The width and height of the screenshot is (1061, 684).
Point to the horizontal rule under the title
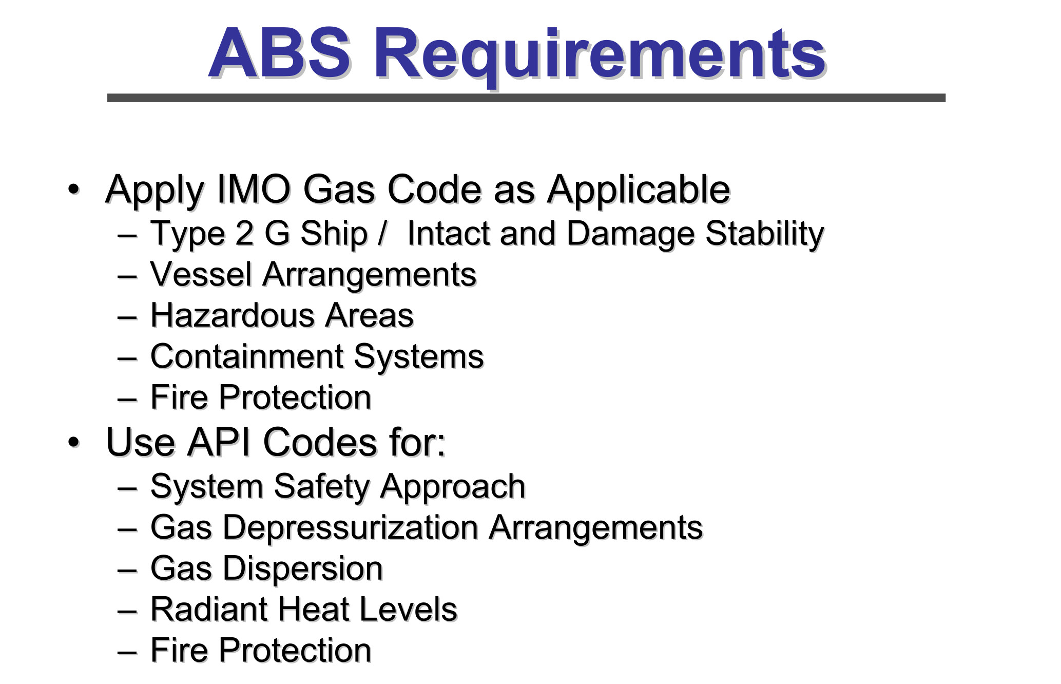pyautogui.click(x=526, y=98)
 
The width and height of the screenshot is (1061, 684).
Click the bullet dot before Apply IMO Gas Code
pyautogui.click(x=74, y=189)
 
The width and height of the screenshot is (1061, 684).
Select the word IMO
pyautogui.click(x=254, y=189)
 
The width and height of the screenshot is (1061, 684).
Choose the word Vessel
pyautogui.click(x=201, y=274)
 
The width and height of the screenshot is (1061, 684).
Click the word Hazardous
pyautogui.click(x=233, y=315)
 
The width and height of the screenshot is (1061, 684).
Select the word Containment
pyautogui.click(x=247, y=356)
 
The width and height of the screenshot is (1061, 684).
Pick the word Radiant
pyautogui.click(x=209, y=610)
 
